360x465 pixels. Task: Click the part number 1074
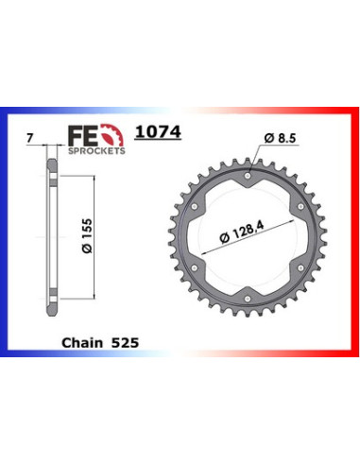(x=158, y=132)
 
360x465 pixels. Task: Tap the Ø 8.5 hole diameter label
(x=280, y=138)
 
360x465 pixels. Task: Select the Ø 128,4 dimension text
(x=242, y=232)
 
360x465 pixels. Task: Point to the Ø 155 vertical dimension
(x=87, y=235)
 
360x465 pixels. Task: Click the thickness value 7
(x=29, y=138)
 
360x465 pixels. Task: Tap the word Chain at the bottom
(x=82, y=343)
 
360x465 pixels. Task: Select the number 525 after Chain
(x=125, y=343)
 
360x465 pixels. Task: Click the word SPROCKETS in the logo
(x=96, y=151)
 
